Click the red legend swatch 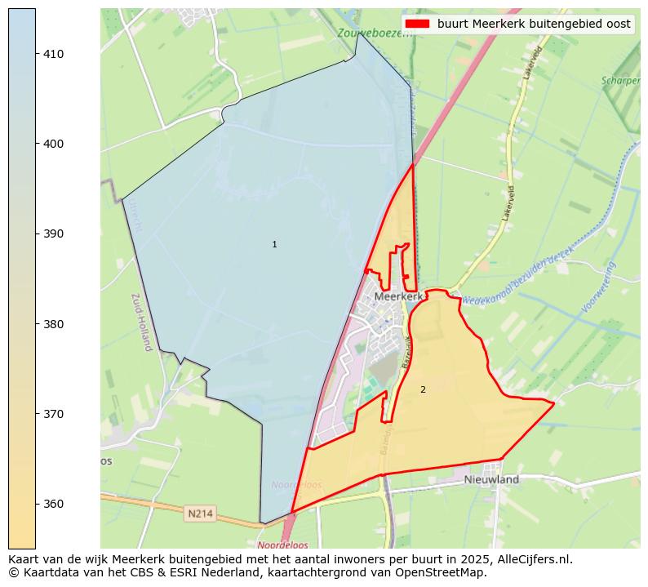coord(416,24)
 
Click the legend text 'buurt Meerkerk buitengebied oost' coord(534,24)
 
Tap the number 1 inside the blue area coord(274,245)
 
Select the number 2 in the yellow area coord(423,390)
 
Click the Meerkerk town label coord(399,297)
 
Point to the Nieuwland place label coord(491,480)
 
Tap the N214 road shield coord(200,514)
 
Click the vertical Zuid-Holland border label coord(139,322)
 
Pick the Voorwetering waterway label coord(600,287)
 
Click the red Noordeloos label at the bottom coord(282,545)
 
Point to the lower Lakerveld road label coord(510,203)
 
